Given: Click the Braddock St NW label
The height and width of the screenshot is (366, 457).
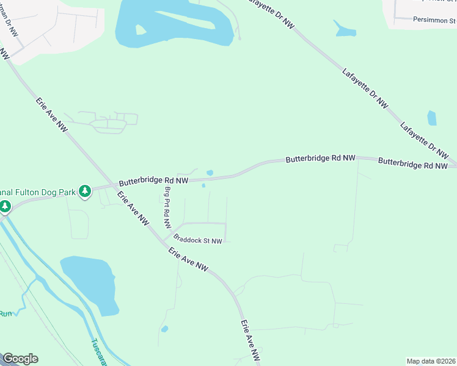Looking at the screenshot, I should [197, 240].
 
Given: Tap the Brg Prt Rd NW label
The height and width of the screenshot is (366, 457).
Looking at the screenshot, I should [167, 207].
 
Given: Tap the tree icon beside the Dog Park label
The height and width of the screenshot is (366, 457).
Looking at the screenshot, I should [86, 192].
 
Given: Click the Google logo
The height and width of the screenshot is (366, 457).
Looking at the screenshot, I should [20, 359].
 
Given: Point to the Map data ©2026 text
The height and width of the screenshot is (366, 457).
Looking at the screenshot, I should [431, 361].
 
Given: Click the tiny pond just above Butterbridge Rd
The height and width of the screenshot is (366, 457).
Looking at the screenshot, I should [210, 173].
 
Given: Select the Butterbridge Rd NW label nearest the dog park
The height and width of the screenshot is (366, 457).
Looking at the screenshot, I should [153, 181].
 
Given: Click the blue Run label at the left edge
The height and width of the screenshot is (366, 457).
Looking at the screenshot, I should [5, 314].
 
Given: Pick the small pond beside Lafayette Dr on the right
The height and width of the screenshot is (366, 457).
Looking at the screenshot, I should [432, 118].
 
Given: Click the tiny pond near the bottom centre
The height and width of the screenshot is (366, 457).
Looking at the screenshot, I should [164, 329].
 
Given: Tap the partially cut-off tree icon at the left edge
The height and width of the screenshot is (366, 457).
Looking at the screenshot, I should [5, 207].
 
